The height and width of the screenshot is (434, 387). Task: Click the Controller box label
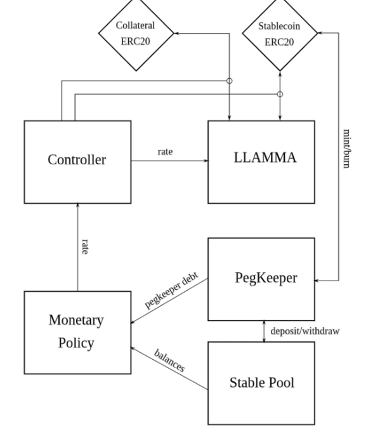(77, 160)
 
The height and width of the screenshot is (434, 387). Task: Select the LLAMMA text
(265, 157)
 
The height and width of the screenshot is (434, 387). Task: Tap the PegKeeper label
(266, 278)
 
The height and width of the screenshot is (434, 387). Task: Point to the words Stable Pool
(262, 383)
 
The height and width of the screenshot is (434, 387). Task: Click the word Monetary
(76, 320)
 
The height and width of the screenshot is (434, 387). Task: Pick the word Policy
(76, 343)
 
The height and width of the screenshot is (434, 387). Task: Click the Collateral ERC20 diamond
(136, 33)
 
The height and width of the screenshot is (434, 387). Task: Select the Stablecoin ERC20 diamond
(280, 33)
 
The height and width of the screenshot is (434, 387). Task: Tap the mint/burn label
(346, 148)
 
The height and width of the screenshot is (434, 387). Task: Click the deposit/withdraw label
(305, 331)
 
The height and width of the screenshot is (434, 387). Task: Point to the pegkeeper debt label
(172, 290)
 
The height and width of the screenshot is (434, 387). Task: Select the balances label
(169, 360)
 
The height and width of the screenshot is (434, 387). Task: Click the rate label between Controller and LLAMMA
(165, 152)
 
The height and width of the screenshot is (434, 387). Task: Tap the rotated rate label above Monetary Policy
(85, 247)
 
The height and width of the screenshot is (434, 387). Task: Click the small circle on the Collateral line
(229, 81)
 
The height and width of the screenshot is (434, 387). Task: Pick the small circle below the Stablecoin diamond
(280, 95)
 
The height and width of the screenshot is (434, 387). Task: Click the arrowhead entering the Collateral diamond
(176, 34)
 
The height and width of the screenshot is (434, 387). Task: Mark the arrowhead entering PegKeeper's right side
(317, 280)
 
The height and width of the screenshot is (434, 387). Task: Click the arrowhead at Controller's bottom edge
(78, 206)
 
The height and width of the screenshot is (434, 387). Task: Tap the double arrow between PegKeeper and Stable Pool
(264, 331)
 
